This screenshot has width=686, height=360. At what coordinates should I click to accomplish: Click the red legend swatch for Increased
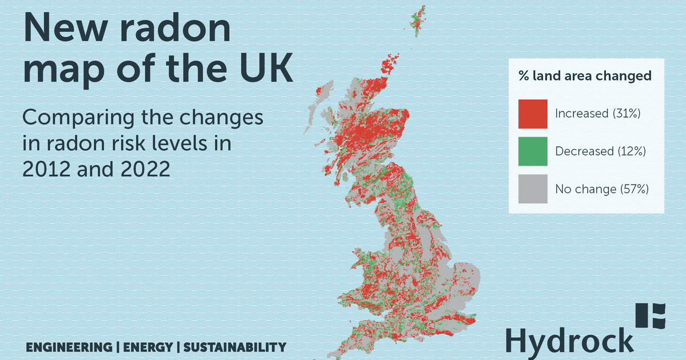[533, 114]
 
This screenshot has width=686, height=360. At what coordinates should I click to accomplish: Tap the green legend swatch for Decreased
[533, 151]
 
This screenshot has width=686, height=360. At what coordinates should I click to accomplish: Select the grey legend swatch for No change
[533, 189]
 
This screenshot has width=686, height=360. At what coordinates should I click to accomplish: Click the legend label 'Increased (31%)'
[597, 114]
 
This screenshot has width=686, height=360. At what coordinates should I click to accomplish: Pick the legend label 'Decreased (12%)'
[600, 151]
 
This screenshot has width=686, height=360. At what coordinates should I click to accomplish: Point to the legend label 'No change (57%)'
[602, 189]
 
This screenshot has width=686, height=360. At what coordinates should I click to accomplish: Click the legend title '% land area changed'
[585, 76]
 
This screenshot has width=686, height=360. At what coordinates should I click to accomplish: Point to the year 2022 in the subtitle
[143, 169]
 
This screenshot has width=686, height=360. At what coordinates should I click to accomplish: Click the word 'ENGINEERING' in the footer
[69, 347]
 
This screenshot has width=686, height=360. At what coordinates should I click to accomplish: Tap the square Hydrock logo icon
[651, 316]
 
